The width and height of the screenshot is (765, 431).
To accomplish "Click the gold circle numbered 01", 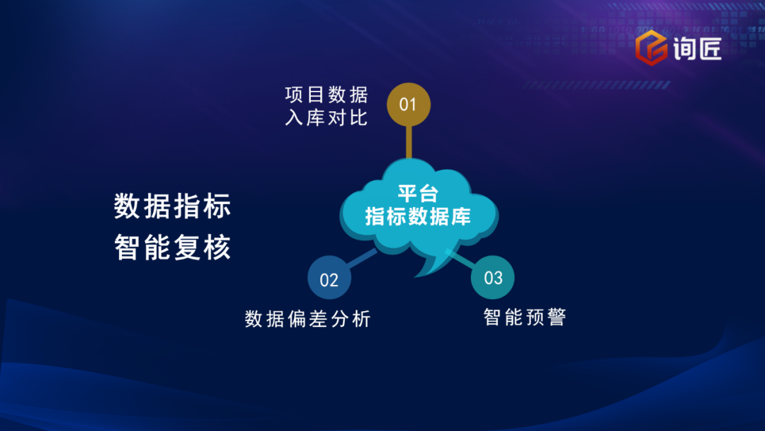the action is coord(409,104).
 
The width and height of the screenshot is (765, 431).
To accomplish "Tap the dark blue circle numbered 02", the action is coord(329,277).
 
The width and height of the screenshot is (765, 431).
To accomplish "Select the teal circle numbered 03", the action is coord(493,277).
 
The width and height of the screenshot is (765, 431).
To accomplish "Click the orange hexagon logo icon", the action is coord(652,47).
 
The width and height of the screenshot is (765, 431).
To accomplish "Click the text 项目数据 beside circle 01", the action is coord(327,95).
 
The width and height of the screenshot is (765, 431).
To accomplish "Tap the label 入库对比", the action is coord(327,118).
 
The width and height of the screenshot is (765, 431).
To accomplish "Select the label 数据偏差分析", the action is coord(308,319).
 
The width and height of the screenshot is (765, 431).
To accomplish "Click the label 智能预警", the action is coord(524,317).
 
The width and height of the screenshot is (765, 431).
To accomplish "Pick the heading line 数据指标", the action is coord(173,206).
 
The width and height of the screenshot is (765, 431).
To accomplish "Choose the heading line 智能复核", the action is coord(173,247).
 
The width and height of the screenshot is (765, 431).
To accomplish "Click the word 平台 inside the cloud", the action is coord(418,194).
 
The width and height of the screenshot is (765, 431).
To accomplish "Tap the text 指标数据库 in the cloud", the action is coord(418,216).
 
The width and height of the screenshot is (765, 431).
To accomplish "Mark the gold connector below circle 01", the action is coord(409,142).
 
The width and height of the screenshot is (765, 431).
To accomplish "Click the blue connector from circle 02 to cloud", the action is coord(361,259).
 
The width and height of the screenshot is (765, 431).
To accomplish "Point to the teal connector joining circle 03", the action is coord(461,259).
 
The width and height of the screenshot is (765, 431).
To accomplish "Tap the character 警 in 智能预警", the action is coord(557,317).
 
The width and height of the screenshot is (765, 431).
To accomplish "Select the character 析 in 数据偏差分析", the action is coord(361,319).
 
